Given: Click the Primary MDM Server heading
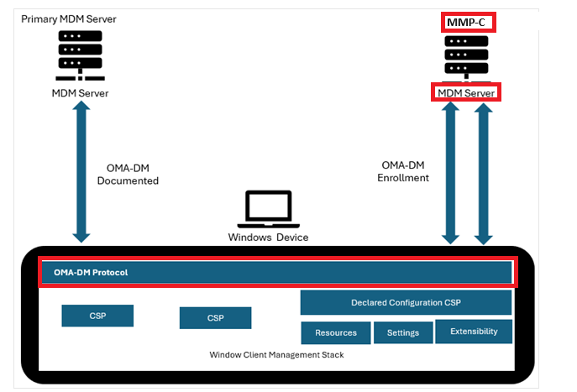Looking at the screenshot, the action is [68, 19].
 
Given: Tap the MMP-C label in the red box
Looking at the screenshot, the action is [465, 23].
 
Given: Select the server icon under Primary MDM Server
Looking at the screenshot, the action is [81, 55].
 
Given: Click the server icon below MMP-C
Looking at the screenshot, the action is [466, 58].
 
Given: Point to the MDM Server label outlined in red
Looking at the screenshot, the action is [466, 93].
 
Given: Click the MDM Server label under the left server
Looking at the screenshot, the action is [81, 93].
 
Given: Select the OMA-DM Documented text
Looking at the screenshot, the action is [128, 175].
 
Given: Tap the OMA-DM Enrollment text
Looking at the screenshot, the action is [403, 171].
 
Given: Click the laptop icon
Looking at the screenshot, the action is [268, 209].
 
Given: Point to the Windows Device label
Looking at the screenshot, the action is [268, 238].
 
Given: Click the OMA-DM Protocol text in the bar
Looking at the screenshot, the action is [91, 273].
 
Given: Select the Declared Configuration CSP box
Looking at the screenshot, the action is [406, 303].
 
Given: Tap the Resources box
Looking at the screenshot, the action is [336, 332].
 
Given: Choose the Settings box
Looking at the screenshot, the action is [403, 332].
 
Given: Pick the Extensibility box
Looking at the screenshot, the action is [474, 332].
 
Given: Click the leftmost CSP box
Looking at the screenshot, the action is [97, 316].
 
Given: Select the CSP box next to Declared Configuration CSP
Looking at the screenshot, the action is [215, 318].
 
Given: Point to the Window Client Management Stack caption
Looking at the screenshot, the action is [276, 355].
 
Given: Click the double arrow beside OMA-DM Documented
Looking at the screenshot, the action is [81, 172].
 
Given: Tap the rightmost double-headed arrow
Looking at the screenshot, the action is [483, 174].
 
